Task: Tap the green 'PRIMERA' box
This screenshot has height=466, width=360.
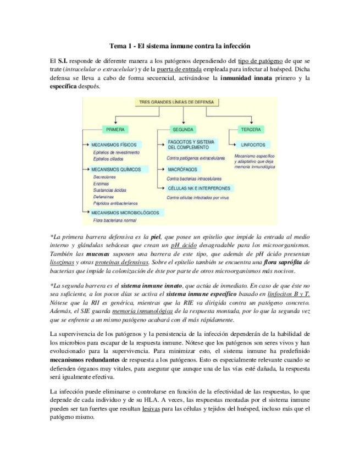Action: click(x=115, y=129)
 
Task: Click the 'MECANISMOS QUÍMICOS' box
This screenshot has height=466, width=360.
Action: click(x=115, y=169)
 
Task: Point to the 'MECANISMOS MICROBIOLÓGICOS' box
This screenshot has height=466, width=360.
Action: click(x=125, y=212)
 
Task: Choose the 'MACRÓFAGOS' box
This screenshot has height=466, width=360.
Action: click(x=183, y=170)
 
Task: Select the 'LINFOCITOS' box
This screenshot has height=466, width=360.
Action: click(x=252, y=145)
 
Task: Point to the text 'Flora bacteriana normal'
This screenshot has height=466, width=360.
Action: click(x=114, y=220)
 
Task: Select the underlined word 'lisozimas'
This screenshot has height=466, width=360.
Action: click(x=62, y=263)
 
